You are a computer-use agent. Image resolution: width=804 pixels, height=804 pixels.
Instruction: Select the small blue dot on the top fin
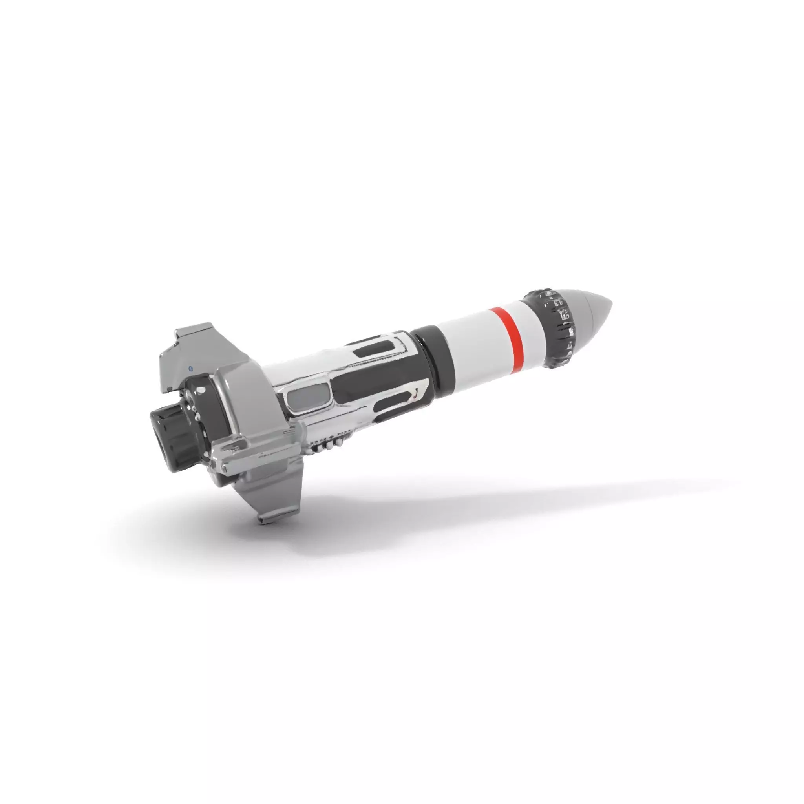[x=190, y=368]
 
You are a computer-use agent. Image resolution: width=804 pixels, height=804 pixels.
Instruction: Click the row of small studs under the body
[x=329, y=445]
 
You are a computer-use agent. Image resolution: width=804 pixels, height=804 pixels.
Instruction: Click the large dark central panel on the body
[x=375, y=379]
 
